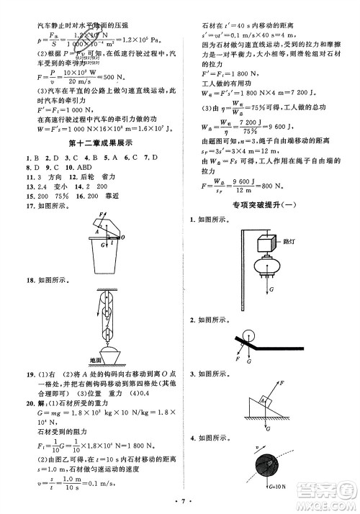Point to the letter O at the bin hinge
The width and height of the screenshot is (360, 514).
point(123,236)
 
